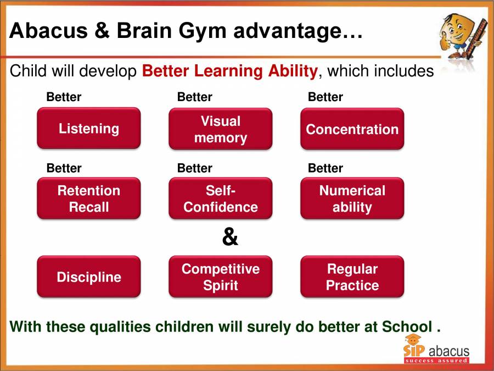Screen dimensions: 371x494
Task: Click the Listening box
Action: click(x=88, y=129)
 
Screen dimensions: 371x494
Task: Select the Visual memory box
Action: click(x=220, y=129)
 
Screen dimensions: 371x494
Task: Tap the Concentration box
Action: click(x=352, y=129)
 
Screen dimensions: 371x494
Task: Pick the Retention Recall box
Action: click(x=88, y=198)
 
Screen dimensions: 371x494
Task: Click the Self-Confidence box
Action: click(x=220, y=198)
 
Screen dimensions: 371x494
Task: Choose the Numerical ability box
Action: click(x=352, y=198)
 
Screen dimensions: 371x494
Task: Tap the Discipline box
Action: click(x=88, y=276)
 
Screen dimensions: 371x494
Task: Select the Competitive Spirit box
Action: click(x=220, y=276)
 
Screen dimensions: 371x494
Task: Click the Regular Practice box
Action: click(x=352, y=276)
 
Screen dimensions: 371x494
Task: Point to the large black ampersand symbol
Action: click(x=230, y=237)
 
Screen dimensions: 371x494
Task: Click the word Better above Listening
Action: click(x=64, y=97)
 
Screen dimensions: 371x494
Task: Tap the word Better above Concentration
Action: click(x=325, y=97)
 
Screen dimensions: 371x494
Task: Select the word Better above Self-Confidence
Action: click(x=194, y=168)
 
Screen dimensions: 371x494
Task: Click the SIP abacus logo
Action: click(x=436, y=352)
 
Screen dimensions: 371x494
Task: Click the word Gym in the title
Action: click(x=203, y=31)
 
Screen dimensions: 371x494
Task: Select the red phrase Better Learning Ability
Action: click(x=229, y=71)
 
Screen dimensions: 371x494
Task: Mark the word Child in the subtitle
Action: click(x=26, y=71)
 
